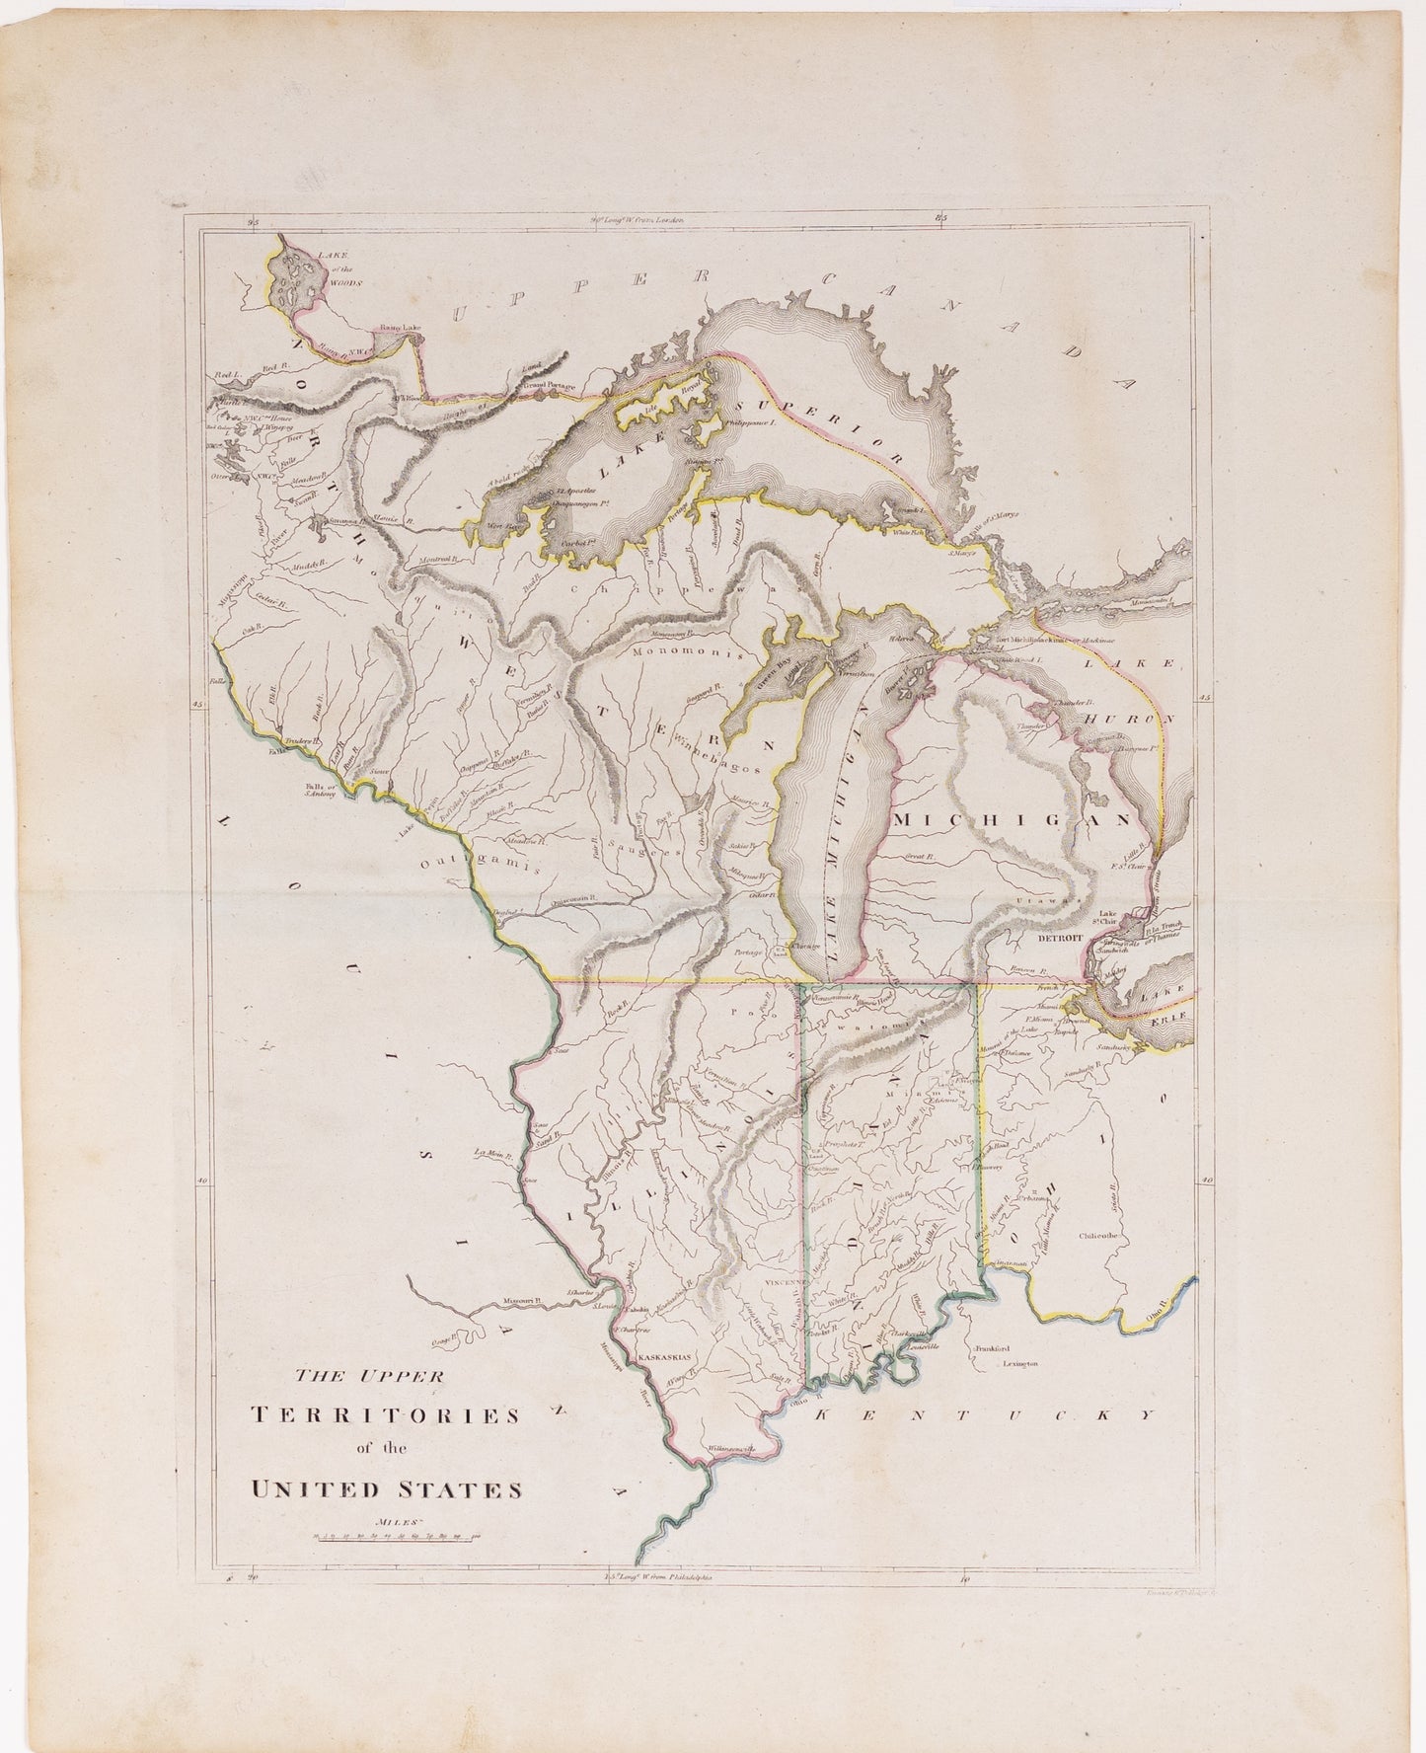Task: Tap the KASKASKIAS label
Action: point(668,1357)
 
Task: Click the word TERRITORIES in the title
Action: point(387,1414)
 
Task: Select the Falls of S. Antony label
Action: point(320,789)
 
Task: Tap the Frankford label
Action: point(992,1346)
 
